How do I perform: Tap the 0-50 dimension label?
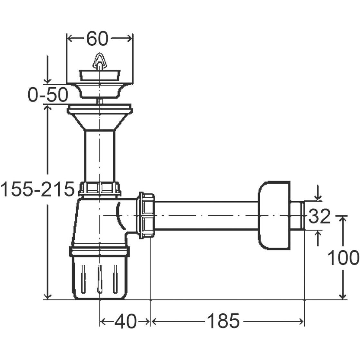point(48,95)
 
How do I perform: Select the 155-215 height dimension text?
point(37,189)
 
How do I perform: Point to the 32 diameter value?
point(319,216)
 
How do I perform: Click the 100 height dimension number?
point(343,258)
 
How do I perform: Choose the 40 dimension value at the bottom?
point(125,321)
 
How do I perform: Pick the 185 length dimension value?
point(223,321)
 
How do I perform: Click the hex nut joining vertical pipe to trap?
point(99,189)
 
